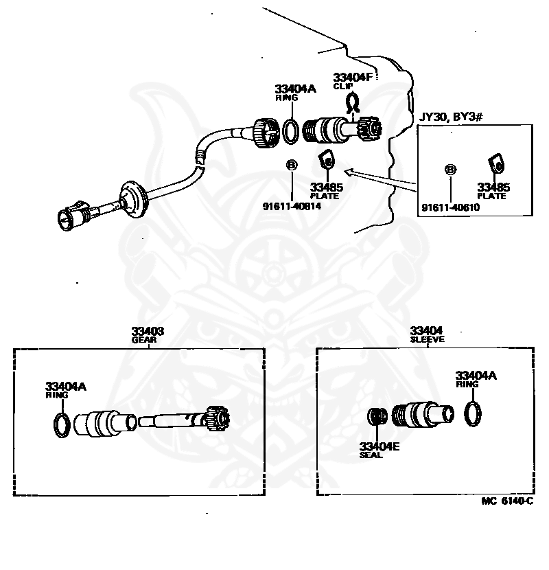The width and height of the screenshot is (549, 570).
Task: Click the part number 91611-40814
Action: pyautogui.click(x=292, y=205)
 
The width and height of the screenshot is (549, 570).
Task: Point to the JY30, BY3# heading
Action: pyautogui.click(x=452, y=117)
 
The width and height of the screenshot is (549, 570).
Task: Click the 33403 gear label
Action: pyautogui.click(x=148, y=334)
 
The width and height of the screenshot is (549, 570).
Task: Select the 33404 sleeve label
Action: pyautogui.click(x=427, y=334)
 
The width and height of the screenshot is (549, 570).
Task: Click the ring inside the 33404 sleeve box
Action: pyautogui.click(x=472, y=413)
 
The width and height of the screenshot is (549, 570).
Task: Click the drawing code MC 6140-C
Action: pyautogui.click(x=506, y=501)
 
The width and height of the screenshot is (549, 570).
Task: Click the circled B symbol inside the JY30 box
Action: pyautogui.click(x=451, y=168)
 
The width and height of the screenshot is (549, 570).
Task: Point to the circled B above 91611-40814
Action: pyautogui.click(x=291, y=165)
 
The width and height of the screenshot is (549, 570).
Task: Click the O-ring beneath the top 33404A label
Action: pyautogui.click(x=291, y=132)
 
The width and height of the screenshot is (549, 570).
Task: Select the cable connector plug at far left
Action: pyautogui.click(x=71, y=216)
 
